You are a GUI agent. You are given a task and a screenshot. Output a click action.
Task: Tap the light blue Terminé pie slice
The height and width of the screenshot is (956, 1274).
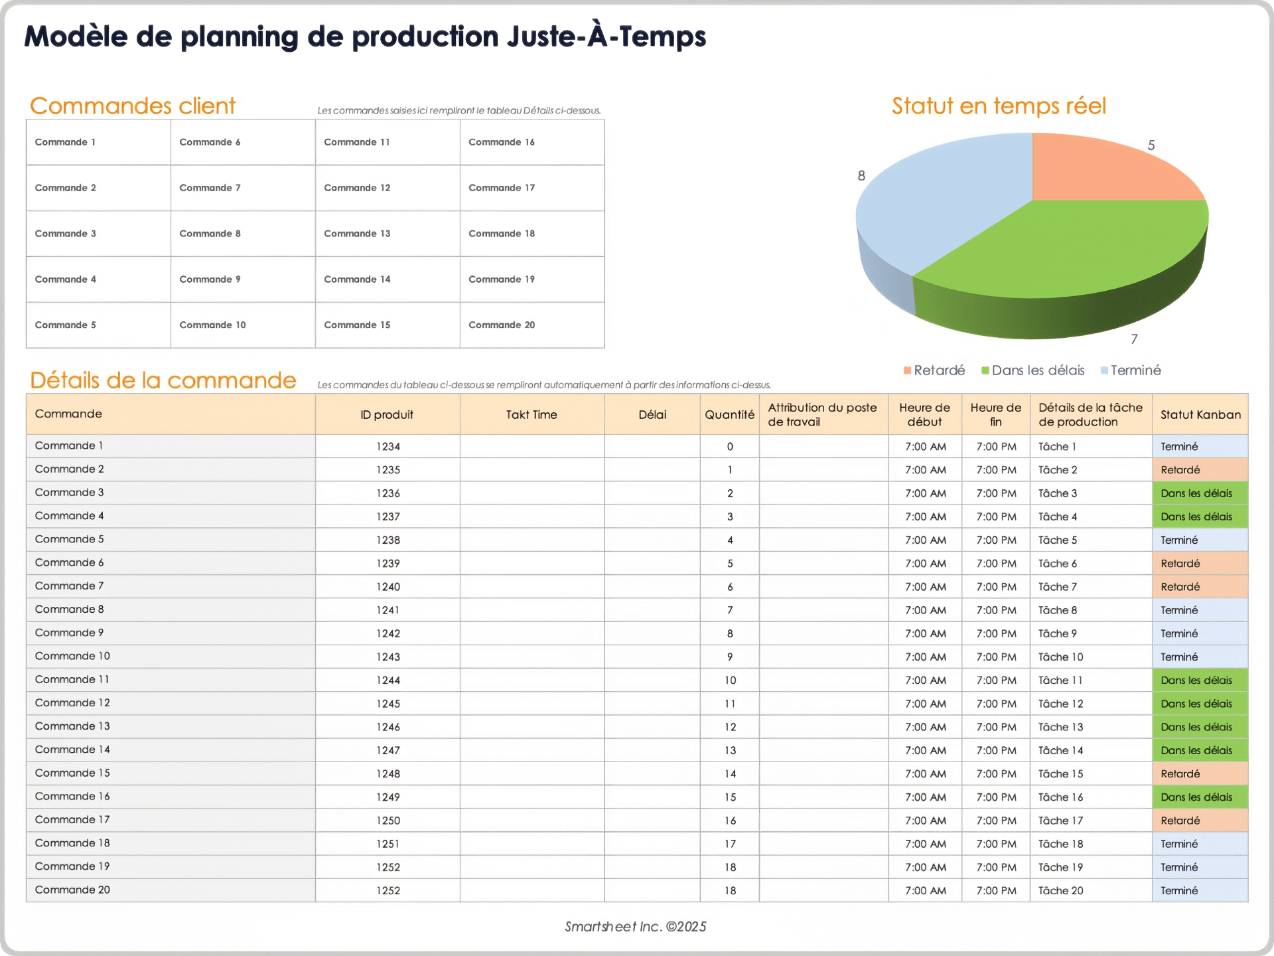(942, 199)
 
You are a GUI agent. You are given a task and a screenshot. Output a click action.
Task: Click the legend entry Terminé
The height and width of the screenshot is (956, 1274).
(1135, 370)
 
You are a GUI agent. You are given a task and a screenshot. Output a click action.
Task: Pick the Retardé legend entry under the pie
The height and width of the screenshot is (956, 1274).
(938, 370)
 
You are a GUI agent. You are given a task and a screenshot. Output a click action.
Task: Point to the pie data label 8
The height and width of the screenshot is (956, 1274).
(861, 176)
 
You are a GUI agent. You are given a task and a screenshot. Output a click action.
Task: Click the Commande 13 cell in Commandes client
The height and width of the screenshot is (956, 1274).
(357, 234)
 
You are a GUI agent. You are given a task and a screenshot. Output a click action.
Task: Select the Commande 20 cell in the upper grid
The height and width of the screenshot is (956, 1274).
(502, 325)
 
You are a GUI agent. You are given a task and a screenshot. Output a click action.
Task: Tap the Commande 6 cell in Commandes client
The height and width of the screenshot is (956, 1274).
(210, 142)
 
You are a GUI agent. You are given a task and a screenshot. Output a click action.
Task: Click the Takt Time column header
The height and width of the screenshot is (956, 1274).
(531, 415)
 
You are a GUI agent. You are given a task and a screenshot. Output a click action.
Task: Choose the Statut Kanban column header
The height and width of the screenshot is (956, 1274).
(1200, 415)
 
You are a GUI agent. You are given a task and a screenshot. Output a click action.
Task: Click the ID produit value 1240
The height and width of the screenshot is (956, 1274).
(388, 587)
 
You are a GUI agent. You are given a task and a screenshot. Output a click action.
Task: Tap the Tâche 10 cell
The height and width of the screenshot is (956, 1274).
(1060, 657)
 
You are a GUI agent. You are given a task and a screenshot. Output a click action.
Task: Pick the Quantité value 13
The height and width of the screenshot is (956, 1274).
(730, 751)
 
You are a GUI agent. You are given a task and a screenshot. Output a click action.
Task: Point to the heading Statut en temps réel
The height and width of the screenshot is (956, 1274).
(999, 106)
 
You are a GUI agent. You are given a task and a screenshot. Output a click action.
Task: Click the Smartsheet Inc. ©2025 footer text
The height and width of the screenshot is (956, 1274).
(635, 927)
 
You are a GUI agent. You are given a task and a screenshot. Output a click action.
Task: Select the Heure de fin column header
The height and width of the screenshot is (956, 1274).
(995, 415)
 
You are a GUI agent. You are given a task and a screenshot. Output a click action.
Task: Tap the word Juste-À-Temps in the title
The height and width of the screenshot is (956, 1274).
(606, 37)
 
